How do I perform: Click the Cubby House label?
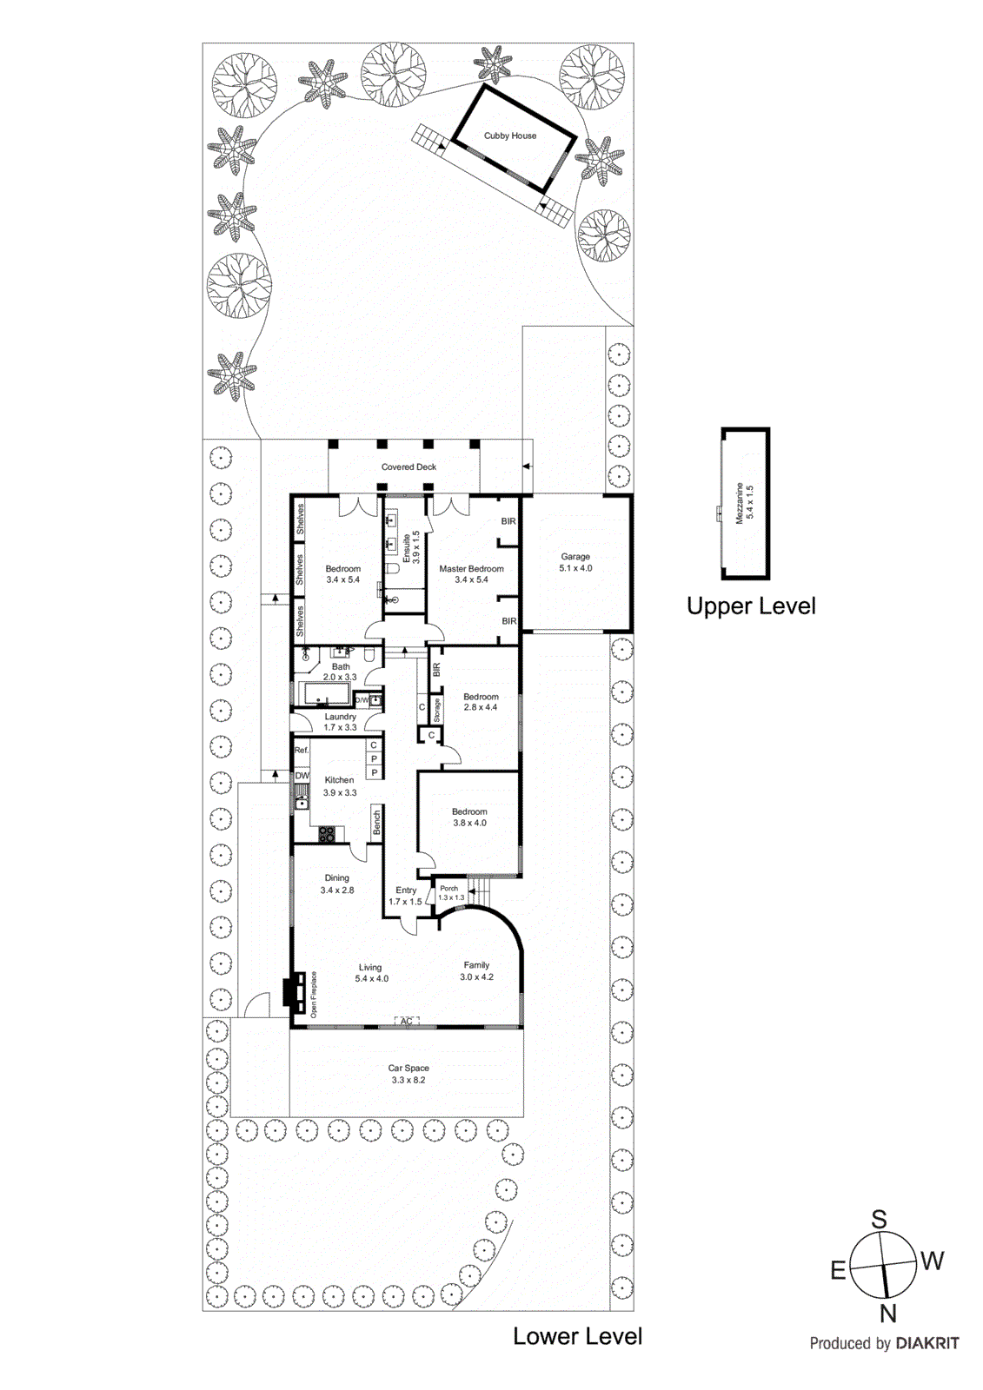(x=510, y=136)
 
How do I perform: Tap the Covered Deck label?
(x=408, y=467)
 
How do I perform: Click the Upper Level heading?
(x=751, y=606)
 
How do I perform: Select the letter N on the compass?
(x=887, y=1314)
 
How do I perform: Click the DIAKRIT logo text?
(x=927, y=1344)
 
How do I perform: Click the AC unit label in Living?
(x=407, y=1022)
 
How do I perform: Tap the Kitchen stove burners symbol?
(x=327, y=835)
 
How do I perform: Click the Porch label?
(x=449, y=889)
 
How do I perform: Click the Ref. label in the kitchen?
(x=302, y=750)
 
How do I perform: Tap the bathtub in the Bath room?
(x=323, y=693)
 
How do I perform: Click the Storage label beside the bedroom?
(x=437, y=710)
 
